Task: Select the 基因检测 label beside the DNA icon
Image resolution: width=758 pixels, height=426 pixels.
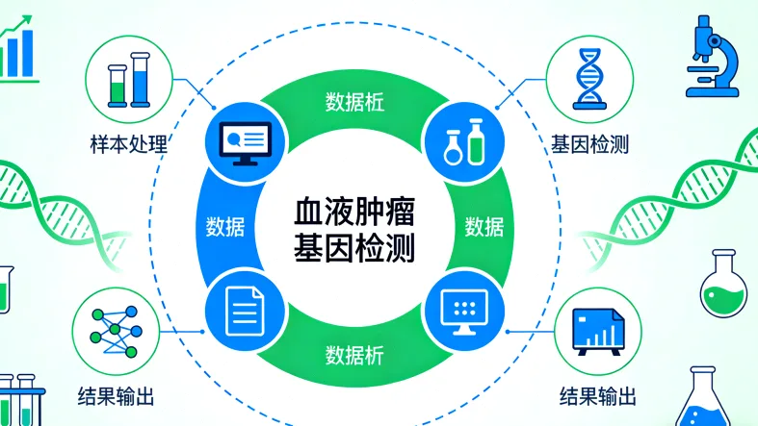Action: point(589,145)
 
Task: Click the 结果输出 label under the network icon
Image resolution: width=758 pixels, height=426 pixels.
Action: point(117,395)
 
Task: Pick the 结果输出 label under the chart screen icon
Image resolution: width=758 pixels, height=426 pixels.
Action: point(597,395)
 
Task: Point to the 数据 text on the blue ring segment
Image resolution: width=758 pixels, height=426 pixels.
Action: point(224,228)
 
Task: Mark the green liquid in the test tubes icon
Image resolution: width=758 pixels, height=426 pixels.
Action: point(118,92)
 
